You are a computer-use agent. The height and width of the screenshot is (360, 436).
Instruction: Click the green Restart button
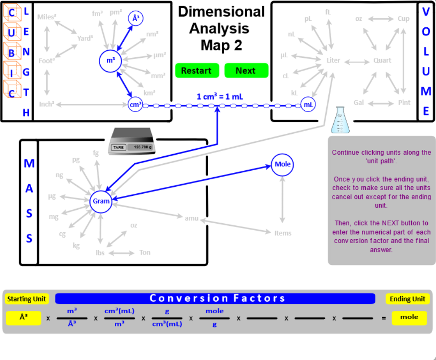click(196, 71)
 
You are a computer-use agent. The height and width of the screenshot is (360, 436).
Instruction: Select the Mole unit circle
click(282, 165)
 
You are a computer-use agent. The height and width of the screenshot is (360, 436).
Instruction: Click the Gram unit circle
click(101, 201)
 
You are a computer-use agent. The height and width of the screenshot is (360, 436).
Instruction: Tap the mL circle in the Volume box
click(308, 105)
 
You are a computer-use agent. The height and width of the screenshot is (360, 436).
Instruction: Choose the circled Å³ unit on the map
click(135, 18)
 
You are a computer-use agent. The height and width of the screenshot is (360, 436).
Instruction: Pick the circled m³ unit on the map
click(111, 61)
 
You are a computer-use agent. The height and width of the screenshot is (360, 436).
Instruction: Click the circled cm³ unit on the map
click(135, 105)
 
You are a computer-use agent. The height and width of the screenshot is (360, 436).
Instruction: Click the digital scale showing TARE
click(131, 142)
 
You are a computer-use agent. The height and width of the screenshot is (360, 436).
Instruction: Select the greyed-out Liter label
click(333, 60)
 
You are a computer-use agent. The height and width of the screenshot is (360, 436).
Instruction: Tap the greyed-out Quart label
click(382, 60)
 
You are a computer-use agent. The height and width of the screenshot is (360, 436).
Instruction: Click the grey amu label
click(191, 218)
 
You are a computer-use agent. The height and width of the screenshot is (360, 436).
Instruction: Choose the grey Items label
click(283, 233)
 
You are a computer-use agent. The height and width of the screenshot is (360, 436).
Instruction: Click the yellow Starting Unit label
click(26, 299)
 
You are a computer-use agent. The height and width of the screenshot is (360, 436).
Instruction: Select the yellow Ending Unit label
click(407, 299)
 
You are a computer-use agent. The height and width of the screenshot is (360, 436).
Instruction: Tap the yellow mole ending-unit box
click(409, 317)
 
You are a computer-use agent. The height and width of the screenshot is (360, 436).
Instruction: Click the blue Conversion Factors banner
click(215, 298)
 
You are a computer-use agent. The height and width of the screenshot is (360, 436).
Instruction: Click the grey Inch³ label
click(47, 104)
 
